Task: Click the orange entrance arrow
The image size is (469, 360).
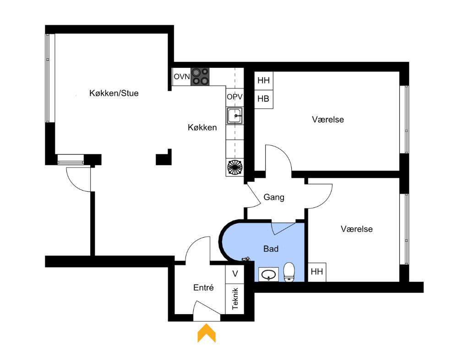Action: tap(207, 333)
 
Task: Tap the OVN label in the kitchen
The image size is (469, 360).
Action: tap(181, 76)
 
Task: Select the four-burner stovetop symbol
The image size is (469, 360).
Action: tap(200, 76)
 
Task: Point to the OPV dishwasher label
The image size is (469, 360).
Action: tap(234, 97)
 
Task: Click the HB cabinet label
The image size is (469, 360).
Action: tap(263, 99)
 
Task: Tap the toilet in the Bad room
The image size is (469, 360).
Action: tap(289, 272)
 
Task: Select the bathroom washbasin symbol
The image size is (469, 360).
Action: tap(267, 274)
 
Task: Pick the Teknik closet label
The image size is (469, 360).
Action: tap(235, 298)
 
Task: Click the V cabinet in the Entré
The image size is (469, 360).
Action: tap(235, 274)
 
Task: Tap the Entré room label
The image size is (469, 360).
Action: tap(204, 288)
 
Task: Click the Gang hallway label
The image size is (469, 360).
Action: tap(274, 197)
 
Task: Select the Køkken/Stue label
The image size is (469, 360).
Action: tap(114, 93)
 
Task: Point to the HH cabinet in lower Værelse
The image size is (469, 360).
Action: tap(317, 272)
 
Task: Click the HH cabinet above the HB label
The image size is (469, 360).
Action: tap(263, 81)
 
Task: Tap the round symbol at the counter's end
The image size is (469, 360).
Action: tap(235, 167)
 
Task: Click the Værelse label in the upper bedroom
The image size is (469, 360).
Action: tap(328, 120)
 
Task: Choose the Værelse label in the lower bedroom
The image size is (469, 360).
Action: tap(356, 229)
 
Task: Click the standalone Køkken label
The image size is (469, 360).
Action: tap(202, 128)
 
